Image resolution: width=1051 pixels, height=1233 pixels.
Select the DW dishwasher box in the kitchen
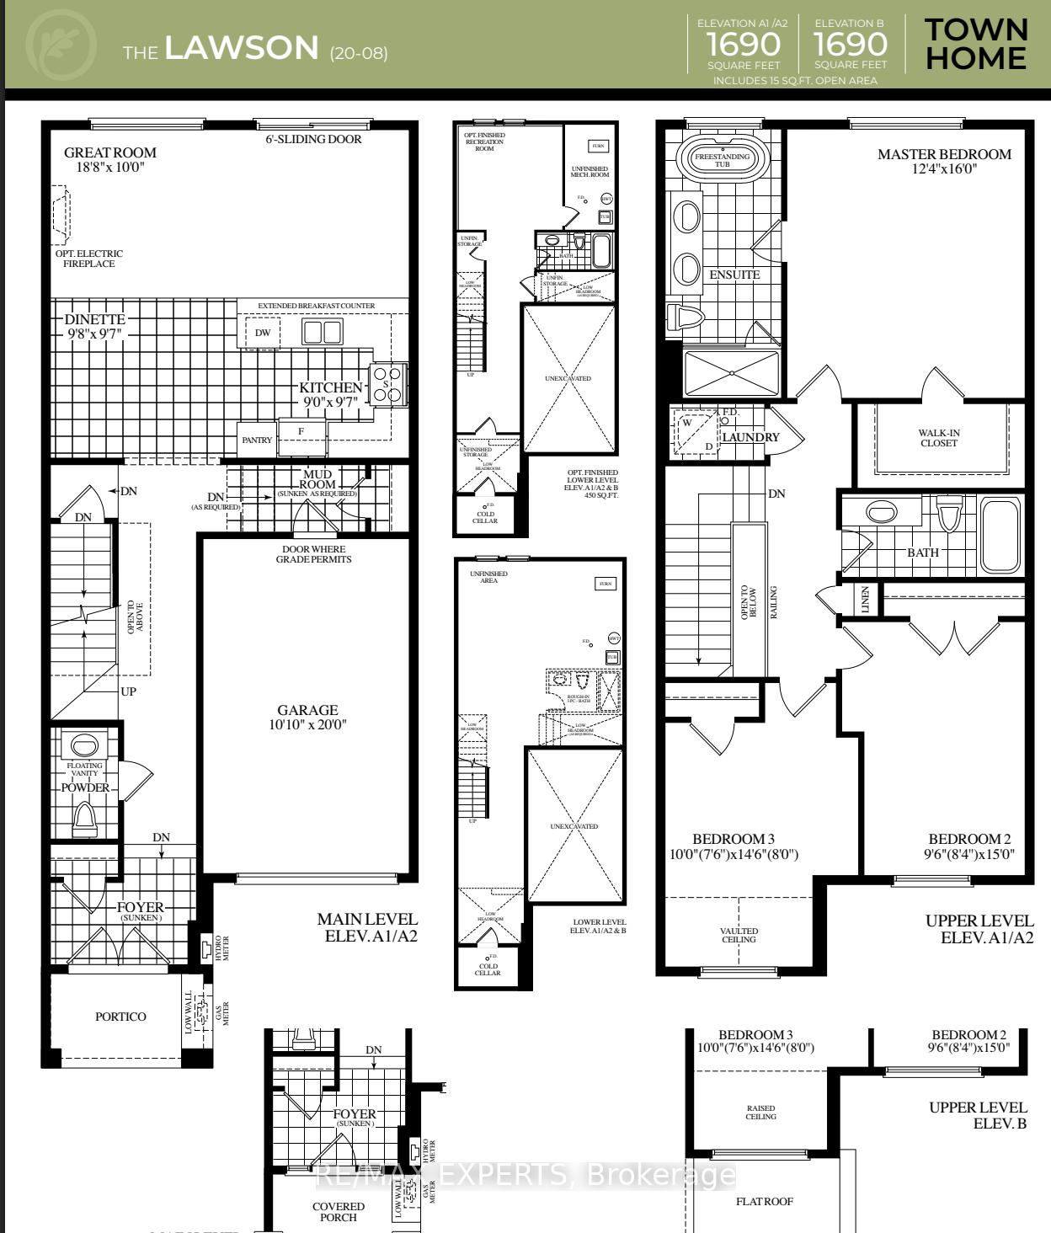tap(263, 333)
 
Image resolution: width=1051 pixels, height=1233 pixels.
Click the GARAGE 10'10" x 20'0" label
tap(307, 717)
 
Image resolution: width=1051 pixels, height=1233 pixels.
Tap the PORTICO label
tap(120, 1017)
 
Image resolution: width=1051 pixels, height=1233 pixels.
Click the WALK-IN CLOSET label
tap(939, 438)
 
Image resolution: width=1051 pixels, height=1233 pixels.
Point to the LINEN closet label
tap(866, 600)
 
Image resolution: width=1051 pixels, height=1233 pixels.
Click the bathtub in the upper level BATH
tap(1000, 535)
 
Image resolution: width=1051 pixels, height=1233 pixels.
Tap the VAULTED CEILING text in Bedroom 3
tap(739, 935)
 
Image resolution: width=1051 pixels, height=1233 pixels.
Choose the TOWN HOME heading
tap(976, 44)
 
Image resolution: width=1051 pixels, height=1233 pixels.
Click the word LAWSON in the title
tap(242, 48)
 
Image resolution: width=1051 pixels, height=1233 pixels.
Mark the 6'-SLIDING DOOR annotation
tap(313, 139)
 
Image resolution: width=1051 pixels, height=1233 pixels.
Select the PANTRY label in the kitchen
tap(257, 440)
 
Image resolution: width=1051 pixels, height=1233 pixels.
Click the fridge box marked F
tap(301, 431)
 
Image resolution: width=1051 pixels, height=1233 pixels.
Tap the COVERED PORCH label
tap(339, 1211)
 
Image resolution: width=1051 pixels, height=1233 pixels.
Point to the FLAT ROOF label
tap(765, 1201)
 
